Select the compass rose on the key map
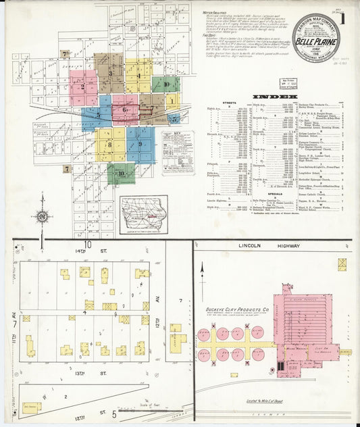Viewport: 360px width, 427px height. (43, 216)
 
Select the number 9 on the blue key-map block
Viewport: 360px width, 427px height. (140, 144)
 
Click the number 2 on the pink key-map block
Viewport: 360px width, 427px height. (82, 86)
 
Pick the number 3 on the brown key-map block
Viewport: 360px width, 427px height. (110, 72)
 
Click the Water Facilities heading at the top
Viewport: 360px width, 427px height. (215, 12)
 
